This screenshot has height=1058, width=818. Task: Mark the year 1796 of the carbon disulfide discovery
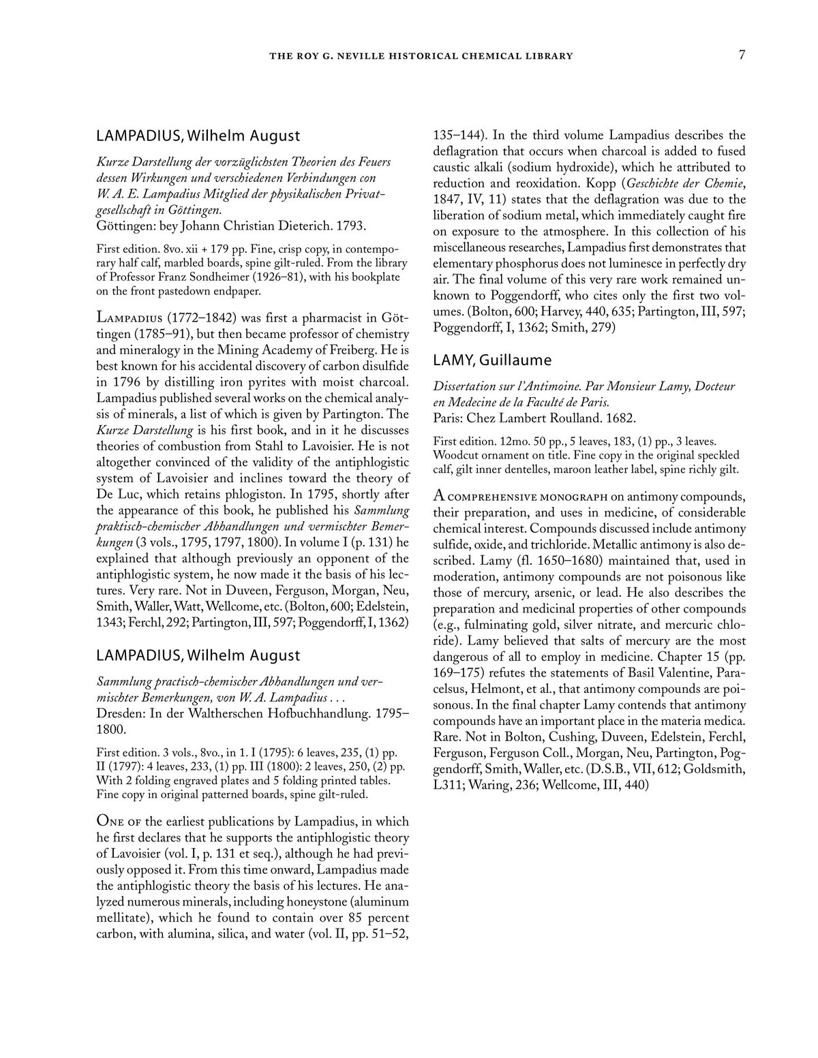(112, 381)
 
